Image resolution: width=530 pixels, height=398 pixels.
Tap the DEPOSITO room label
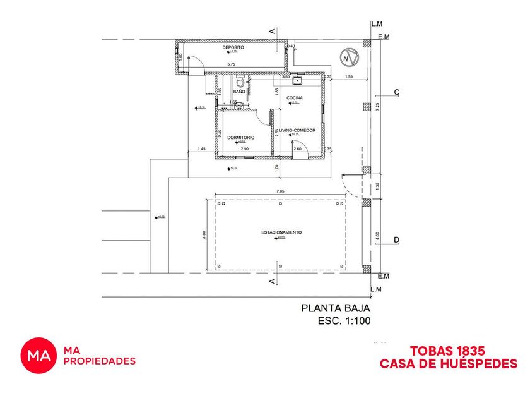click(233, 48)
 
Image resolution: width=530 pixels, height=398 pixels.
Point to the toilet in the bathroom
click(240, 82)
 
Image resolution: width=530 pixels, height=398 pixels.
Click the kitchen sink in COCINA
click(298, 80)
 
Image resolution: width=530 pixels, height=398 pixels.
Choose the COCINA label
click(295, 98)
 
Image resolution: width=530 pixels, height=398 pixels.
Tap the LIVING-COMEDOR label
click(293, 130)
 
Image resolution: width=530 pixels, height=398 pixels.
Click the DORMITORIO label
click(240, 137)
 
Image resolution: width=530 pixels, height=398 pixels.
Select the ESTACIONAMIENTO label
click(281, 232)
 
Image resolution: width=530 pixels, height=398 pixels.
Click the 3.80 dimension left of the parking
click(204, 234)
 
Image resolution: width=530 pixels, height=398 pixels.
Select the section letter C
click(396, 92)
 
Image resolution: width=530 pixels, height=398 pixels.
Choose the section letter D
click(396, 239)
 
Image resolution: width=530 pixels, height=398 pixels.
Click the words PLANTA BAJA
click(334, 309)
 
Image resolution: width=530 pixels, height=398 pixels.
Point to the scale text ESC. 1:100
click(343, 321)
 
